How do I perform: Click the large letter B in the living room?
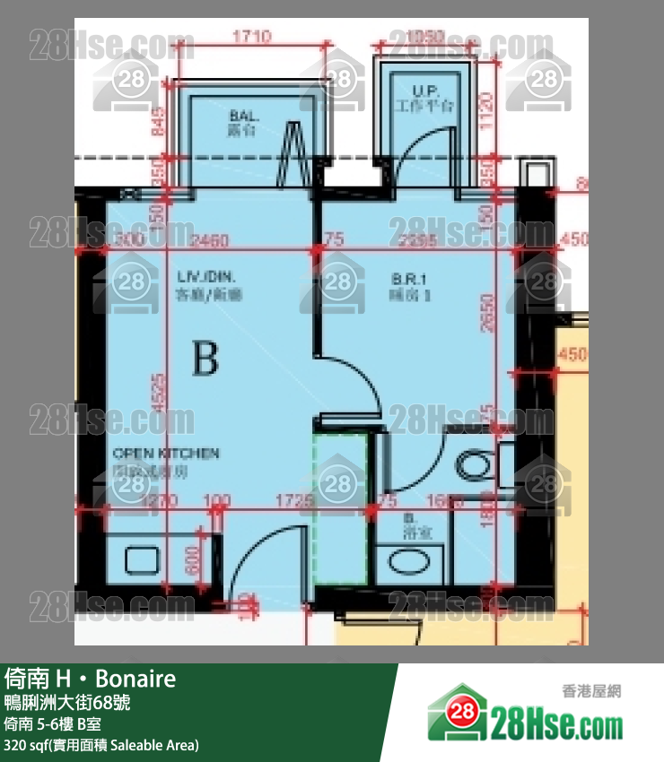pyautogui.click(x=205, y=359)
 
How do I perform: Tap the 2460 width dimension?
pyautogui.click(x=212, y=239)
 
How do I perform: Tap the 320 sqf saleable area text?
pyautogui.click(x=100, y=745)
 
